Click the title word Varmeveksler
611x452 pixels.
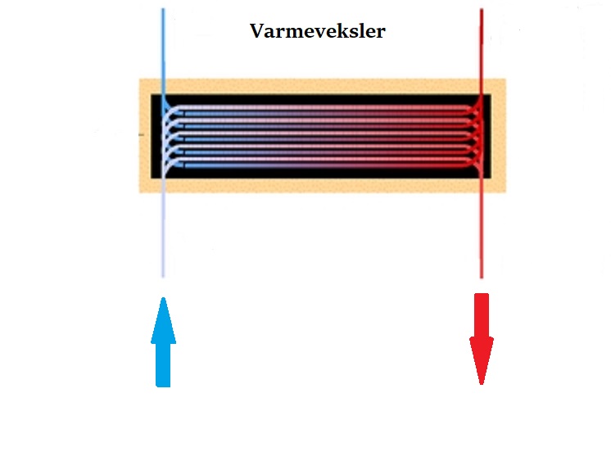317,33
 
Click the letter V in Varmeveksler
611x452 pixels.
256,33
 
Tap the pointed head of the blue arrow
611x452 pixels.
163,315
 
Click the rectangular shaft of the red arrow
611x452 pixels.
482,315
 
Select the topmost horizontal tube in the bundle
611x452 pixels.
319,110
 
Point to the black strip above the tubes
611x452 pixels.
319,100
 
